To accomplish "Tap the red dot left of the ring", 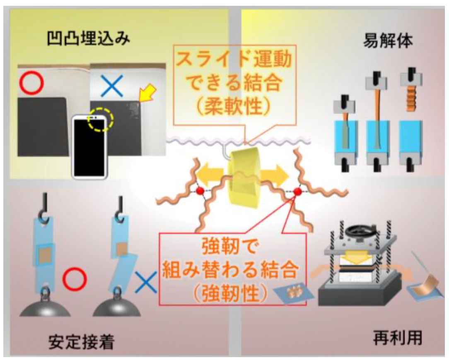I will (x=199, y=191).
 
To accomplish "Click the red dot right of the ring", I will (x=297, y=192).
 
